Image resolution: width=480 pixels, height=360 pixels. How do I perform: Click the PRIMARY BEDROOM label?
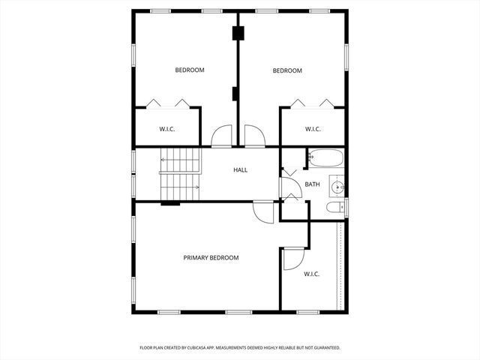[x=211, y=258]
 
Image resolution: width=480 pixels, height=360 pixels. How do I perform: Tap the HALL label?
[x=240, y=170]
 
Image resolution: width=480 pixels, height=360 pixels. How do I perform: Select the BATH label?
[x=312, y=184]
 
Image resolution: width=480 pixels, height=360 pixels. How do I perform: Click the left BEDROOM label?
[x=190, y=70]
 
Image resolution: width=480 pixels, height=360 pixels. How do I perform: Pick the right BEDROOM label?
[x=286, y=71]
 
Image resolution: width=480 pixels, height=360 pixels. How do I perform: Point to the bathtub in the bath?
[x=325, y=158]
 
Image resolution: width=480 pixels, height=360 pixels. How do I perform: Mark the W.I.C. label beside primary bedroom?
[x=311, y=274]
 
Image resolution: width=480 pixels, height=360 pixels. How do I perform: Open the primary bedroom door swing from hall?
[x=262, y=211]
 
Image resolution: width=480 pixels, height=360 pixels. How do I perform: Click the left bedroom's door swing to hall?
[x=222, y=136]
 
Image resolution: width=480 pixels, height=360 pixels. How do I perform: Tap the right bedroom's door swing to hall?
[x=255, y=136]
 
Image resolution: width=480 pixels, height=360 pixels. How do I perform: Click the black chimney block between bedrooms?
[x=238, y=34]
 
